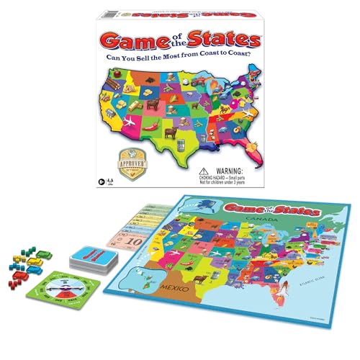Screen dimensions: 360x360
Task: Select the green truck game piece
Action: pos(42,254)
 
